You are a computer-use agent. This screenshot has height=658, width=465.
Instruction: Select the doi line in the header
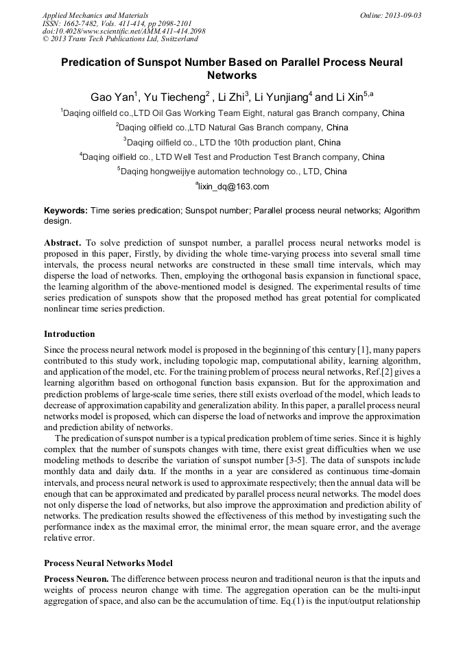coord(123,32)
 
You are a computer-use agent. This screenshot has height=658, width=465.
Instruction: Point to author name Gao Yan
coord(112,97)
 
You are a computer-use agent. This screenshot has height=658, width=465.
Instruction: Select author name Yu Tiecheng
coord(177,97)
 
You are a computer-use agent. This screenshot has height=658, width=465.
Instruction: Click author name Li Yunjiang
coord(282,97)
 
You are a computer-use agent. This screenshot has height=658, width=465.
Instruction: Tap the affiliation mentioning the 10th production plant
coord(233,143)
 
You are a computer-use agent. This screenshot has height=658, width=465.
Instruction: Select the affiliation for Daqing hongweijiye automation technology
coord(233,172)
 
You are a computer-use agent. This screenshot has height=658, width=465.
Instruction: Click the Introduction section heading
coord(69,334)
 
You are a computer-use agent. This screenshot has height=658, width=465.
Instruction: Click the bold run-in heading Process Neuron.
coord(77,578)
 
